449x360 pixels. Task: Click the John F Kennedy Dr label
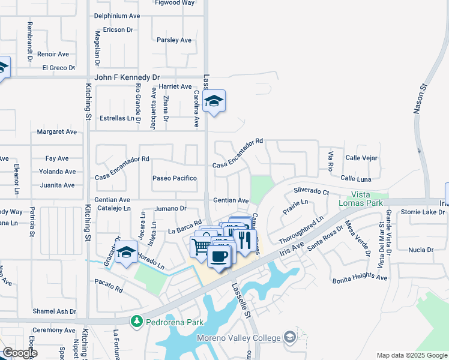pos(127,77)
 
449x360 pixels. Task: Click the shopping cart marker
pos(201,246)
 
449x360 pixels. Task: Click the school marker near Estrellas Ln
pos(214,101)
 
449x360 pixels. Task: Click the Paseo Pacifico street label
pos(175,178)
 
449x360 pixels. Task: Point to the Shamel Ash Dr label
pos(55,311)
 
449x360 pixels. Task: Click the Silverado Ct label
pos(312,191)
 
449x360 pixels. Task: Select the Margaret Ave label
pos(57,131)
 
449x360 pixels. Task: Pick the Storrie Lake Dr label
pos(423,212)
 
